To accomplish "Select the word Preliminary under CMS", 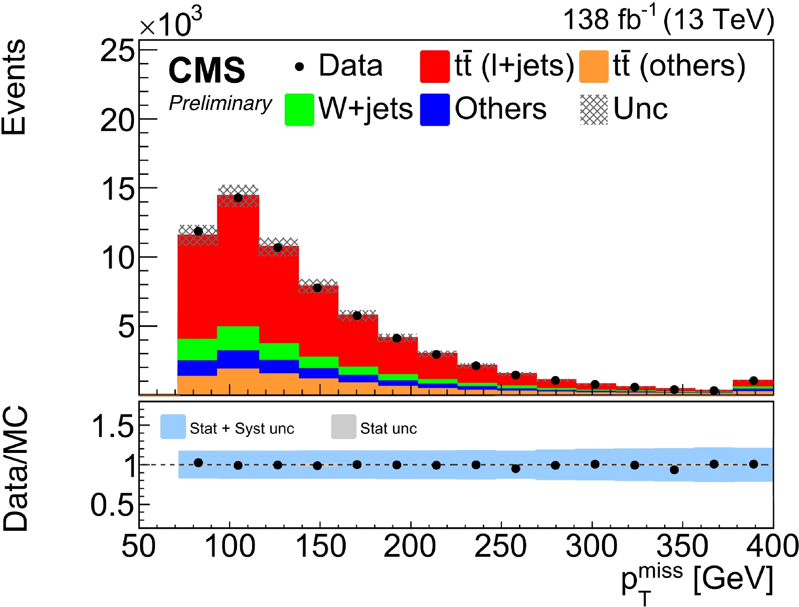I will tap(220, 103).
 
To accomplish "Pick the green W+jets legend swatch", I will tap(299, 110).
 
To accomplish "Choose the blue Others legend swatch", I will tap(435, 110).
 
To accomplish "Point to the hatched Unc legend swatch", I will tap(594, 110).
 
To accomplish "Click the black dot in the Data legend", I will tap(299, 67).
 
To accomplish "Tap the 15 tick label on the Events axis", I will tap(116, 189).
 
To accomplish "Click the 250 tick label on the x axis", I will tap(500, 546).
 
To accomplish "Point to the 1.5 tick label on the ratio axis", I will tap(112, 426).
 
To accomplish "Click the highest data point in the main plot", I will tap(238, 198).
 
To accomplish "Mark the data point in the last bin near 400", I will tap(753, 381).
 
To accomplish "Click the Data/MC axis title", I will tap(15, 469).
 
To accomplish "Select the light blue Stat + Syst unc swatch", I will tap(173, 427).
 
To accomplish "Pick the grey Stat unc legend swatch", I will tap(343, 427).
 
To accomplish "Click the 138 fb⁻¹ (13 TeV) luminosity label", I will tap(668, 20).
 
